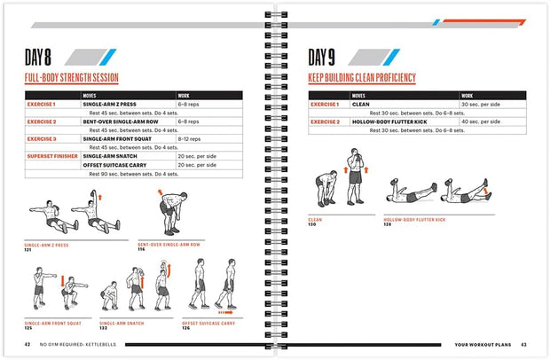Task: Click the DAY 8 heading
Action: (x=44, y=59)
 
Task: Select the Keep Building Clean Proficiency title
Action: (x=361, y=79)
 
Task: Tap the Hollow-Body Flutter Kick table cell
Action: (x=387, y=121)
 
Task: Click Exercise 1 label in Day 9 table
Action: (x=324, y=105)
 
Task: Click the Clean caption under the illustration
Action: (x=315, y=219)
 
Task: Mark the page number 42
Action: (x=28, y=345)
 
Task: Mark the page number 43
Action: (x=524, y=345)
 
